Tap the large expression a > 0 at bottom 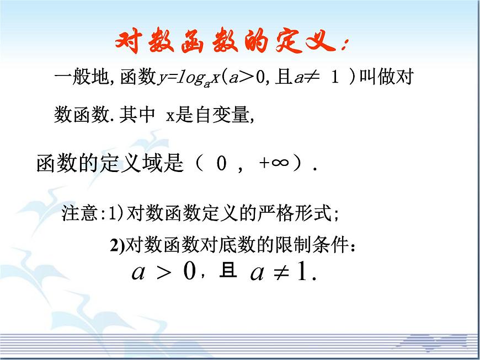(x=164, y=272)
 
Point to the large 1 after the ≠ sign (x=302, y=272)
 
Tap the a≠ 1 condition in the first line (x=317, y=78)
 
